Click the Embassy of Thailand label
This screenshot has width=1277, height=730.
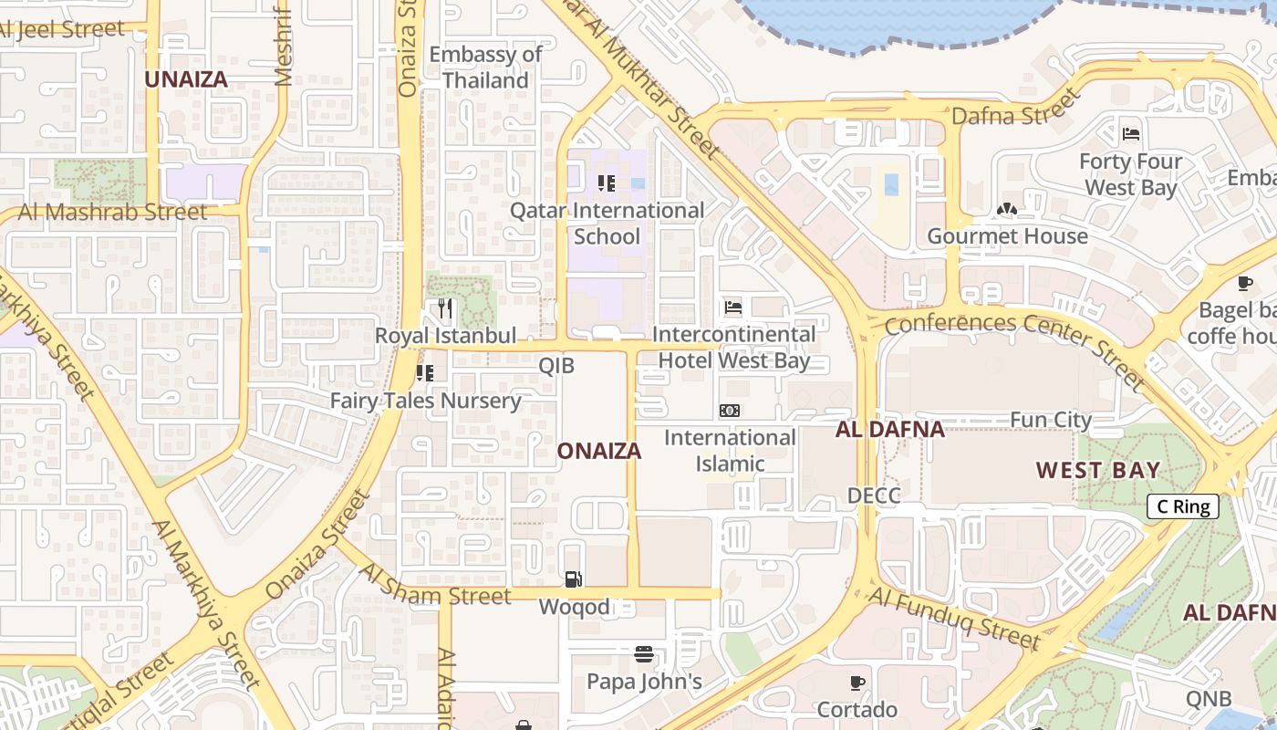[485, 68]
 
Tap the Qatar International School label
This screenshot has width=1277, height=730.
[607, 224]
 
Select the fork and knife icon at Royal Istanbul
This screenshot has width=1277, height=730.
[444, 308]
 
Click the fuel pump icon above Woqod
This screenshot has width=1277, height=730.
[573, 579]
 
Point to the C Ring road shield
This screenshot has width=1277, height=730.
[1182, 507]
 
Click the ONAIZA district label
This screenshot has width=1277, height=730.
[598, 451]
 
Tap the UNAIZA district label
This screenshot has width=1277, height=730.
[186, 78]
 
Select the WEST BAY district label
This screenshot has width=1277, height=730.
[1098, 471]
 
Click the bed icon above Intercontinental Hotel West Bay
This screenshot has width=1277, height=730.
[733, 308]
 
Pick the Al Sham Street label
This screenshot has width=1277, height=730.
[436, 584]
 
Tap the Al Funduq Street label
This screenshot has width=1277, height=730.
[954, 619]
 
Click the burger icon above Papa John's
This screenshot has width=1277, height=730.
[644, 654]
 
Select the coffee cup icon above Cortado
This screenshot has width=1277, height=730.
[857, 683]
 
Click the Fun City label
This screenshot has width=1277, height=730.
[1050, 420]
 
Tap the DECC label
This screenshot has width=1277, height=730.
[874, 495]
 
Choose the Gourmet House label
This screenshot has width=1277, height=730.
[1007, 236]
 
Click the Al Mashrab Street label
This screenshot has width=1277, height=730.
[112, 212]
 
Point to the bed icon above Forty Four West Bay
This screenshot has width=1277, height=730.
[1131, 134]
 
